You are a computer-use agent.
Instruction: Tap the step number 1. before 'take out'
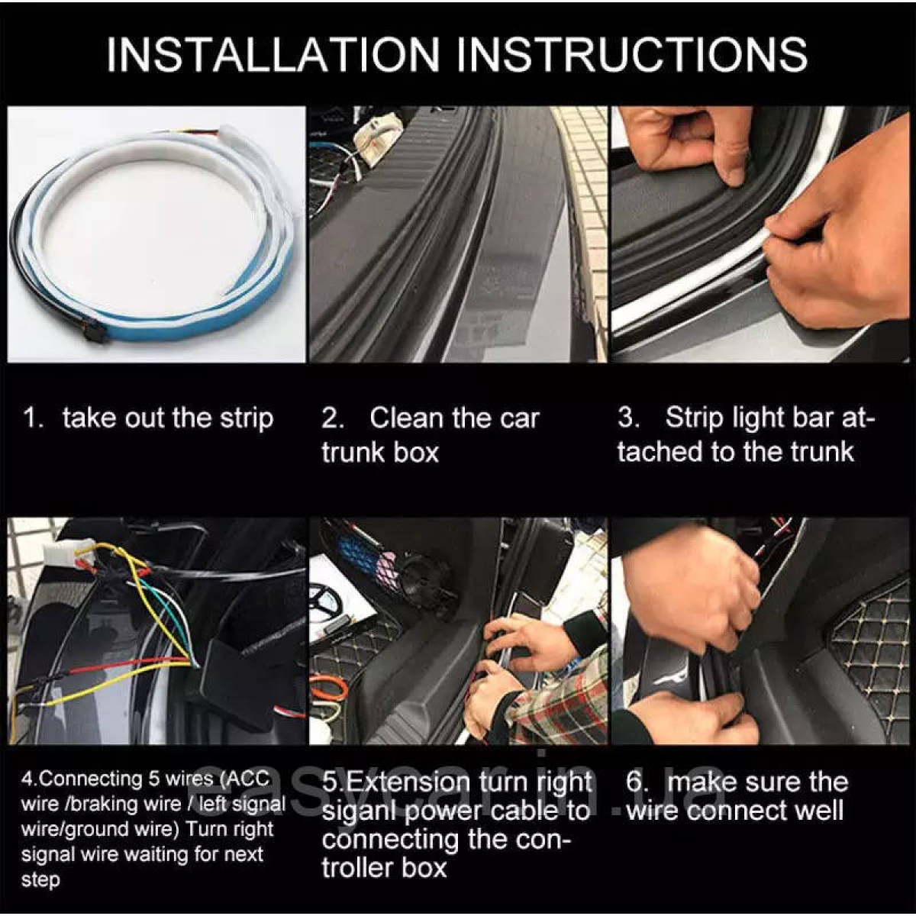[x=34, y=419]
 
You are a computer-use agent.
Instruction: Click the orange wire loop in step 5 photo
[x=331, y=689]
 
